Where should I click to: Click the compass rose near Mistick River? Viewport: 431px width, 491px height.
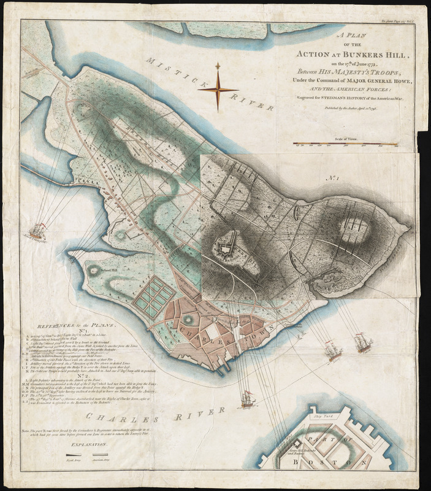(x=218, y=90)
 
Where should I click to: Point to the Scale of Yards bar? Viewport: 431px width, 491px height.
(x=343, y=145)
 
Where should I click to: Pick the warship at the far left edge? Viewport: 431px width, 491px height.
(x=38, y=233)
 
